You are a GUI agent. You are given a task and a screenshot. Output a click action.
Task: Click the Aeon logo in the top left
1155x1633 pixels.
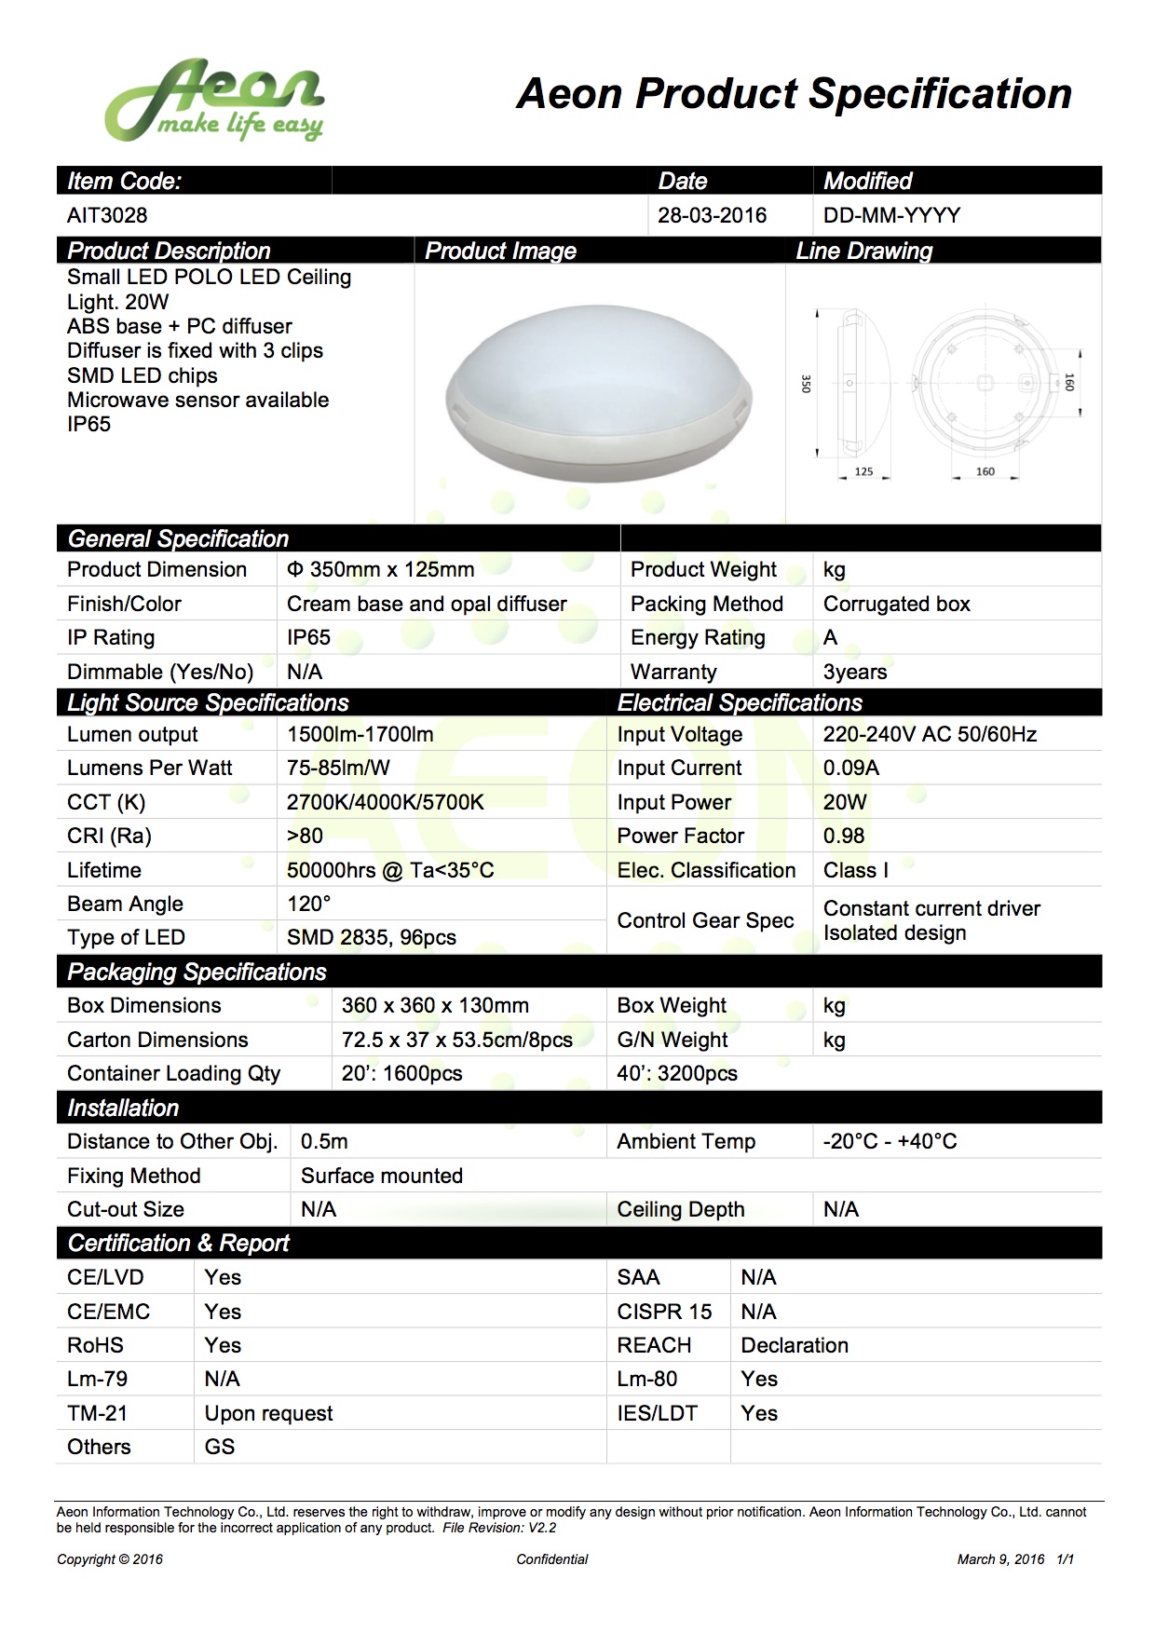[x=214, y=101]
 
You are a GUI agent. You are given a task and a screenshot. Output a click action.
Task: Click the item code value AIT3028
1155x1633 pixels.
[x=107, y=215]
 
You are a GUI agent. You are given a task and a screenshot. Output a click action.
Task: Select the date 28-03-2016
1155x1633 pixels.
[x=712, y=215]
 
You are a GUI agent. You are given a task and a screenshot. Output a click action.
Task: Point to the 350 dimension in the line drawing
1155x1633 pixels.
[x=807, y=384]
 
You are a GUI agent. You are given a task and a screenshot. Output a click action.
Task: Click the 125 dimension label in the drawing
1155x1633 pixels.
[x=863, y=471]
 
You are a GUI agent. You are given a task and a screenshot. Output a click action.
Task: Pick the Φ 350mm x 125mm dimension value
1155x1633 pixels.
[x=380, y=569]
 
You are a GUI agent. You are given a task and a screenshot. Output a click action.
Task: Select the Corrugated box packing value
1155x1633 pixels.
[x=896, y=604]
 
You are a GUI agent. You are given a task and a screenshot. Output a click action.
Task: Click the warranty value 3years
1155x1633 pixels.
[x=855, y=672]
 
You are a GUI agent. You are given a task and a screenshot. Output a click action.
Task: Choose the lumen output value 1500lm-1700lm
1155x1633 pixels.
[x=360, y=734]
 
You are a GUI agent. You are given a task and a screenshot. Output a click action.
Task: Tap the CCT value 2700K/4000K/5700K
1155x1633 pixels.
[x=385, y=802]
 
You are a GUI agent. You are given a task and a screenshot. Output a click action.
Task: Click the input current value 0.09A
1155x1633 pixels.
[x=850, y=768]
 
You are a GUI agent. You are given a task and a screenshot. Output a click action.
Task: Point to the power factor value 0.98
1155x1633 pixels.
[x=843, y=836]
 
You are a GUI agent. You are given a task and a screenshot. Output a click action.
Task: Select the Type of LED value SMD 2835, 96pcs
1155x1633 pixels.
[x=371, y=937]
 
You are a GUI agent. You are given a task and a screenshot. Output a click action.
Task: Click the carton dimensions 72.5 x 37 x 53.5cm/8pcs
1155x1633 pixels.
[x=456, y=1040]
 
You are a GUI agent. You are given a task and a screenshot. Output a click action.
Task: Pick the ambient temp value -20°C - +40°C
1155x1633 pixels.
[x=890, y=1141]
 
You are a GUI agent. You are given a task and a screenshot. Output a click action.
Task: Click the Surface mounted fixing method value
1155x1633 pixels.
[x=381, y=1176]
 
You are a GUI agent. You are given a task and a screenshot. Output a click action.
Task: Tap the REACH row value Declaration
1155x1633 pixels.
[x=794, y=1345]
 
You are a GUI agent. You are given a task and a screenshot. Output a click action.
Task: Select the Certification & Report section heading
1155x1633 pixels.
[x=178, y=1243]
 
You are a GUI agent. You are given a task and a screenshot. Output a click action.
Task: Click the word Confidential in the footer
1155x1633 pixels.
[x=552, y=1559]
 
